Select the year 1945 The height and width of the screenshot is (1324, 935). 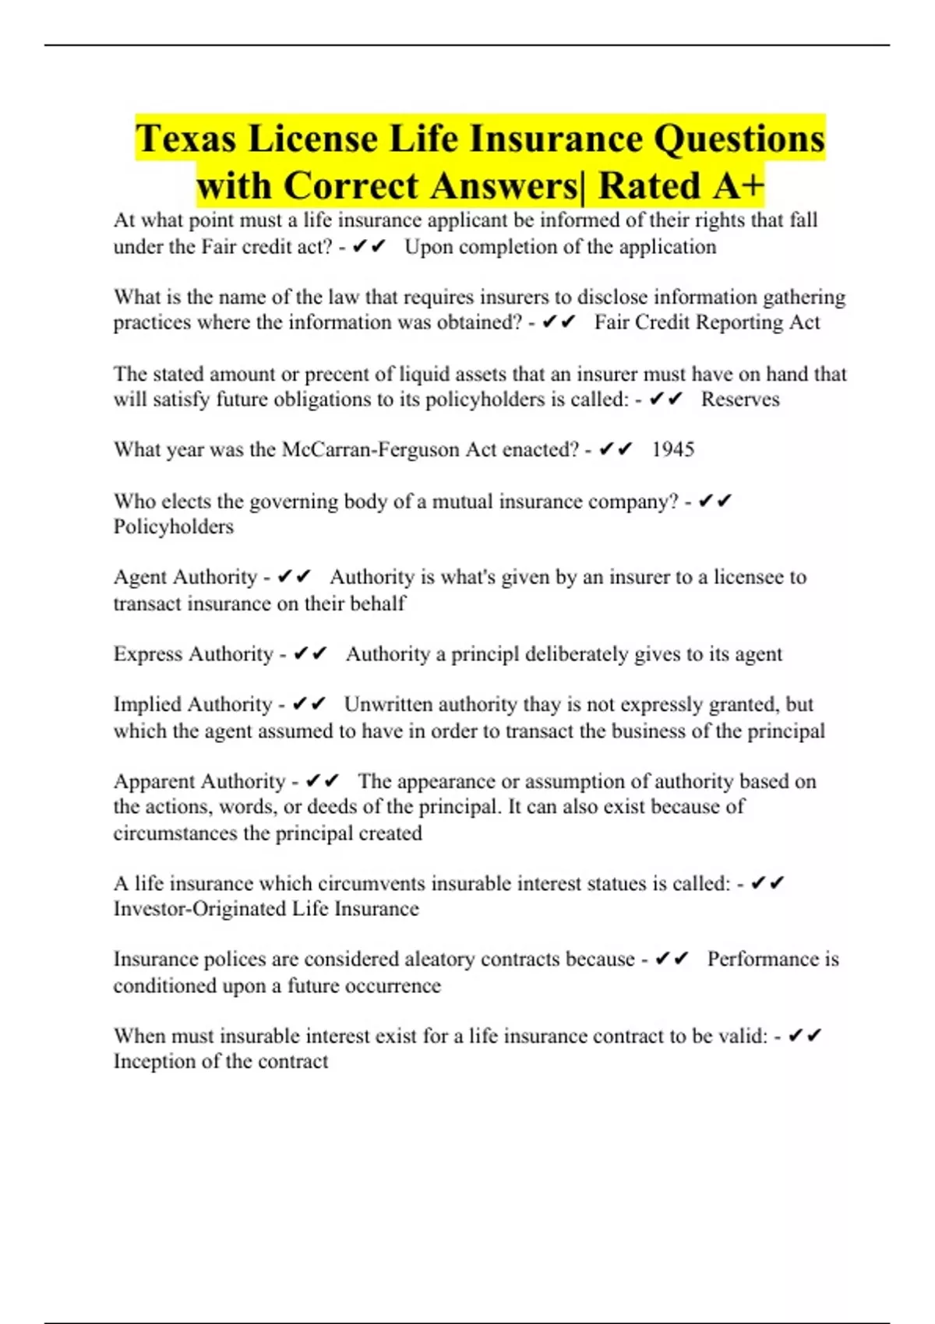[672, 449]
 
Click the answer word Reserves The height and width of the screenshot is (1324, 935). [739, 399]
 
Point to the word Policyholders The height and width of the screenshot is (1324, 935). [173, 526]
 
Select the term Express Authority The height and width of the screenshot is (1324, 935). [193, 653]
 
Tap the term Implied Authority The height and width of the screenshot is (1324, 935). [192, 704]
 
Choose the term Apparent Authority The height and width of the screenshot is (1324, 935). [199, 780]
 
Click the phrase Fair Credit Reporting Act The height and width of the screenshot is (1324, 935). [707, 322]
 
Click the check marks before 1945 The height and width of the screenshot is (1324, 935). [616, 449]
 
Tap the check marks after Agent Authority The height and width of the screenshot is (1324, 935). [294, 577]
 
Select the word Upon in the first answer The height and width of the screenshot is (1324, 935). [424, 247]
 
